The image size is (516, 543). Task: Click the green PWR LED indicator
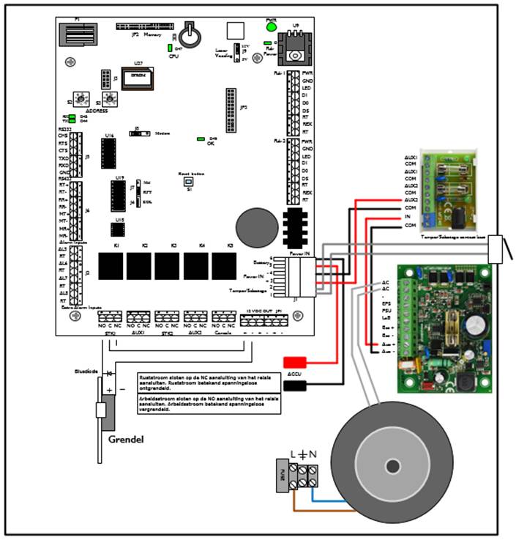272,26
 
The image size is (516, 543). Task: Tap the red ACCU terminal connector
296,361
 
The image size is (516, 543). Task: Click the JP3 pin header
231,106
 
